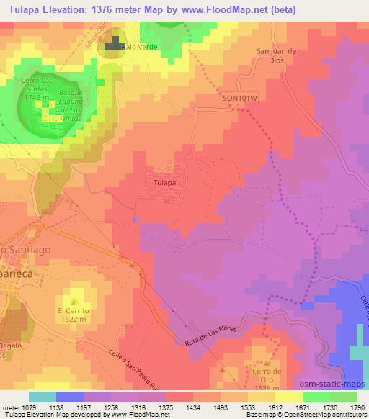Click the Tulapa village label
[x=165, y=183]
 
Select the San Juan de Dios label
[x=277, y=55]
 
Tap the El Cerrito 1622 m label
[x=73, y=315]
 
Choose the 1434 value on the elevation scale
[x=192, y=407]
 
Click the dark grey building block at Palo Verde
[x=113, y=47]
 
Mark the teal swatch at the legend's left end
[x=42, y=397]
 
